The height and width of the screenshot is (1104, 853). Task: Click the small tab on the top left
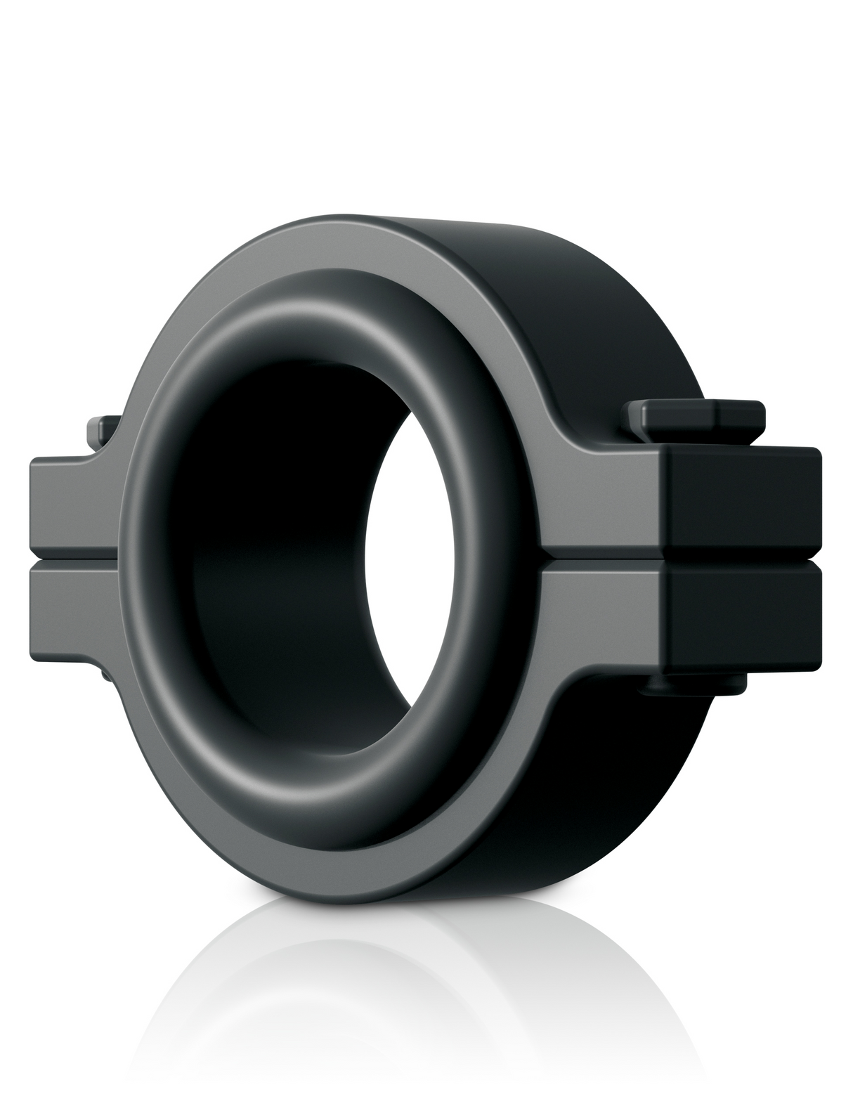[98, 429]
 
